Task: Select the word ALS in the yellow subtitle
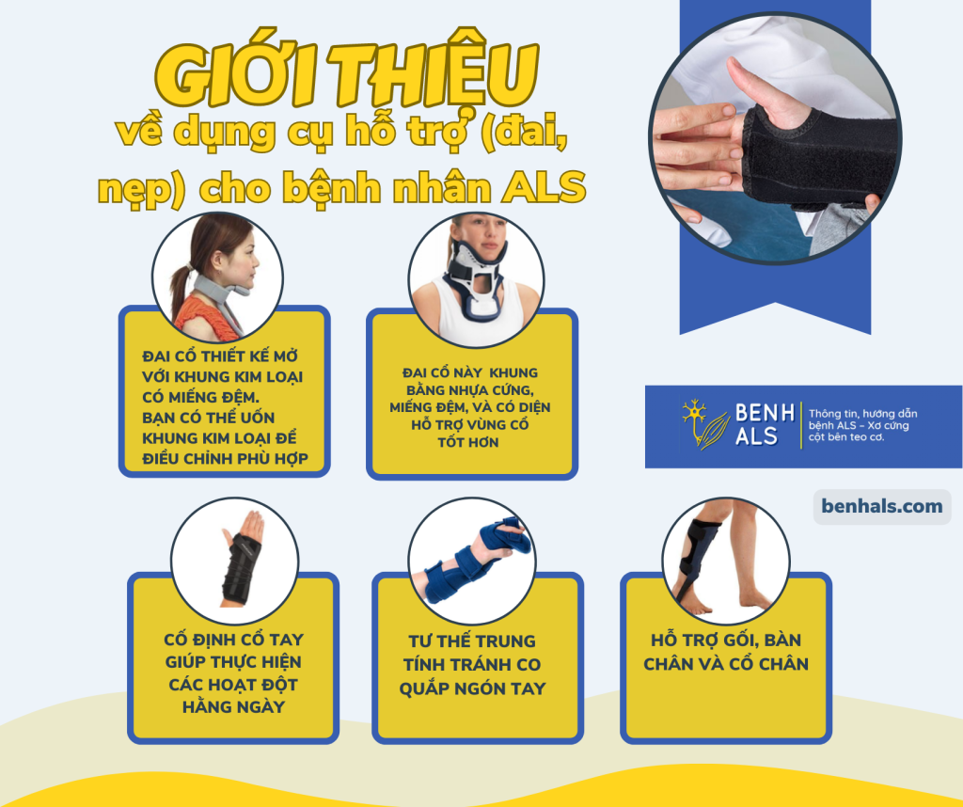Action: (545, 187)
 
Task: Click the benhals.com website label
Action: (882, 507)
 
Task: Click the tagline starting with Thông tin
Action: (862, 425)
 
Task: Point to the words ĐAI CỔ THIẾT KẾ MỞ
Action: (220, 356)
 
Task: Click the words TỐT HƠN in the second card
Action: (468, 442)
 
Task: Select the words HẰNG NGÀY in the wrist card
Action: (233, 707)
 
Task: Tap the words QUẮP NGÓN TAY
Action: (472, 689)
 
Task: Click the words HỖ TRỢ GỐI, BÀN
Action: (726, 640)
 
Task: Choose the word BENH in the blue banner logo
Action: (766, 413)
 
